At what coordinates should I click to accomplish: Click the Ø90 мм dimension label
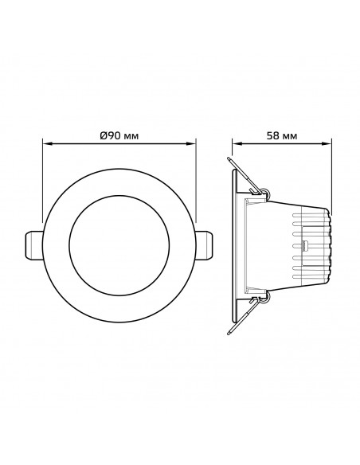click(x=119, y=136)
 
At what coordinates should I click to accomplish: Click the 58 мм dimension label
click(x=282, y=136)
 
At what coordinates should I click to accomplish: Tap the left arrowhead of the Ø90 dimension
click(x=48, y=144)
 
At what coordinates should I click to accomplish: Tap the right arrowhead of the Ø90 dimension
click(x=191, y=144)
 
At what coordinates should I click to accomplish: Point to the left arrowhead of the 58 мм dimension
click(x=237, y=144)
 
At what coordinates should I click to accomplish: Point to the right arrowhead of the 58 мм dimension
click(x=327, y=144)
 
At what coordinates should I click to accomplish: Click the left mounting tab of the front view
click(x=33, y=245)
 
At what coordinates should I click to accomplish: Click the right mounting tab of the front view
click(x=205, y=245)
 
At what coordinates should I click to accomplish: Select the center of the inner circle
click(x=119, y=245)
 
